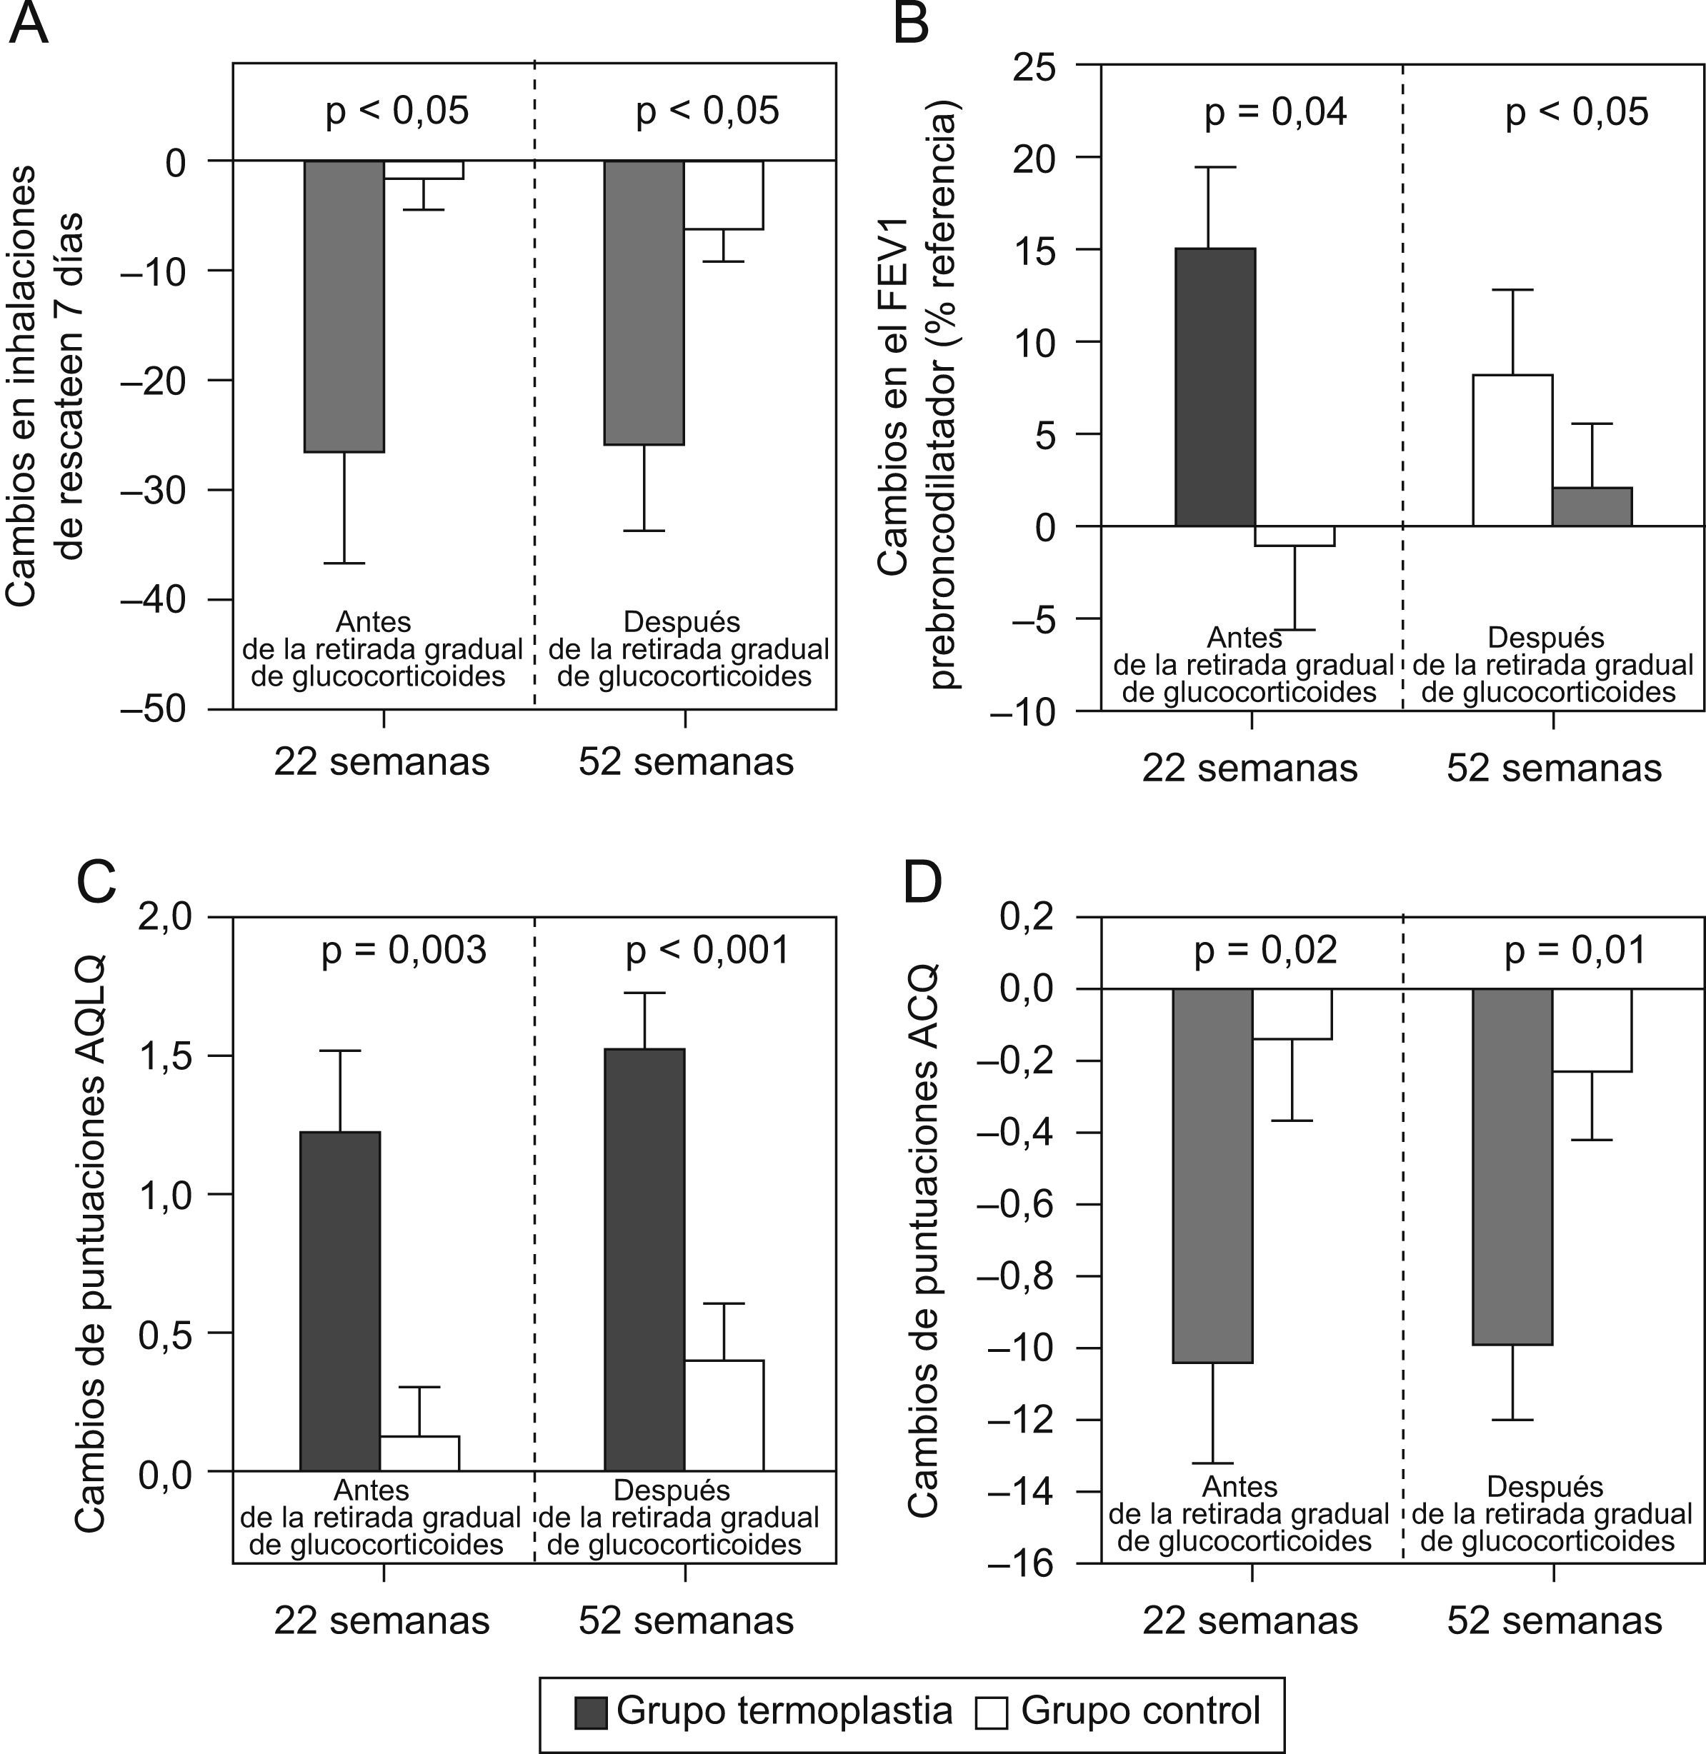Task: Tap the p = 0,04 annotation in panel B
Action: pos(1275,113)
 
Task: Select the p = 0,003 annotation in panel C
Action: pos(404,951)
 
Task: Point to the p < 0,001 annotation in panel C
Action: pos(708,951)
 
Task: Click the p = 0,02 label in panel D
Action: pos(1265,951)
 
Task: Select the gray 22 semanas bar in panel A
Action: pos(344,306)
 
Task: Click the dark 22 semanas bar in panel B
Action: pos(1215,387)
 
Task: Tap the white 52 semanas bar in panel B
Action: pos(1512,450)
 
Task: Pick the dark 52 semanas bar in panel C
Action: pos(644,1260)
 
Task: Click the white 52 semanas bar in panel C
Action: pos(724,1415)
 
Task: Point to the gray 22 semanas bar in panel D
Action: pos(1212,1176)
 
